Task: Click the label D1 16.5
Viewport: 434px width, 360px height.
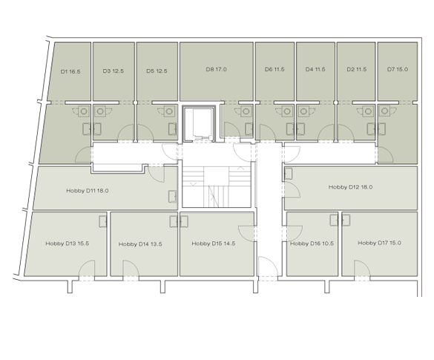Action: click(70, 71)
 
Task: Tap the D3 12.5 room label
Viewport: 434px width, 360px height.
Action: click(114, 71)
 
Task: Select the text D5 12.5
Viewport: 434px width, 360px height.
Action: click(157, 71)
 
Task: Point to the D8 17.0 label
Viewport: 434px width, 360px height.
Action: click(216, 69)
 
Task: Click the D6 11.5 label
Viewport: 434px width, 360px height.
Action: click(274, 69)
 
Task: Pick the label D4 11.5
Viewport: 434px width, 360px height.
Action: click(315, 69)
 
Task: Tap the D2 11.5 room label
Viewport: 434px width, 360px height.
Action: click(357, 69)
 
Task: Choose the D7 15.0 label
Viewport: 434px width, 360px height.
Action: click(398, 69)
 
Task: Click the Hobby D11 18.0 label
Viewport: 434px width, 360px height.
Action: click(88, 191)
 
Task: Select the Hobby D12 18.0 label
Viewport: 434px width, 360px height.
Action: click(350, 187)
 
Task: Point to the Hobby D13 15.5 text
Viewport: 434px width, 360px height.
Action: click(68, 243)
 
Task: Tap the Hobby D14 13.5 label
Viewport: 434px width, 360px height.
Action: click(140, 244)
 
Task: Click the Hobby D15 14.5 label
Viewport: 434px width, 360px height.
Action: click(214, 243)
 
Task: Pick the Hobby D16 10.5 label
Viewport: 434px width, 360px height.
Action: click(312, 243)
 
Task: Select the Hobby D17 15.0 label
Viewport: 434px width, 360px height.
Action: click(380, 243)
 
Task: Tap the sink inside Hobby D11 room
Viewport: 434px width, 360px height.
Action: click(172, 196)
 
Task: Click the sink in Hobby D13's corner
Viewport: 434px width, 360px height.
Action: click(103, 221)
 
